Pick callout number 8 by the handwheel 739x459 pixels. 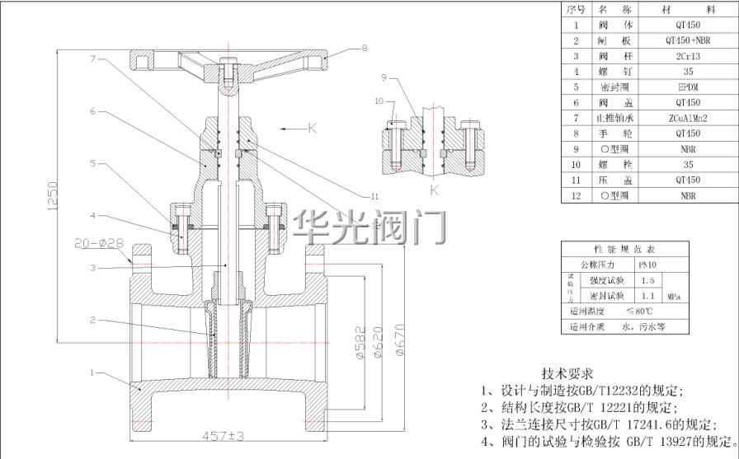364,48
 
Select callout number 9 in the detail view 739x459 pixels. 384,77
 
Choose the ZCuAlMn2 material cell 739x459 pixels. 688,118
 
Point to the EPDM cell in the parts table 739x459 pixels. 688,87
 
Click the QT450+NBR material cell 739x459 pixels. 688,40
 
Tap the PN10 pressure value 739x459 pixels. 648,265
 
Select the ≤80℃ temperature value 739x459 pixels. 640,311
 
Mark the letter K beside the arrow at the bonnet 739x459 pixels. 313,128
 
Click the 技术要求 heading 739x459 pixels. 567,372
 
